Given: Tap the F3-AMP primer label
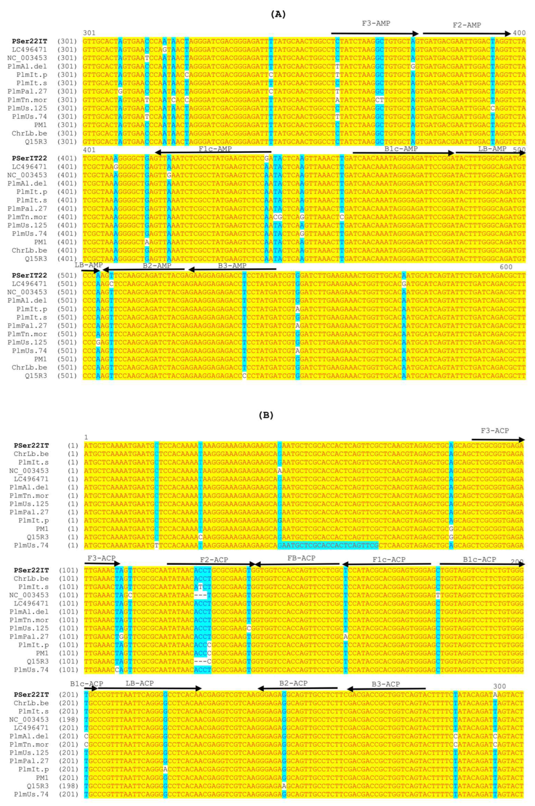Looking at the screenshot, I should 376,24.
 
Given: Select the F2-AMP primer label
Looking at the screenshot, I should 467,25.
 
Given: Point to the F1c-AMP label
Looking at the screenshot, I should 215,149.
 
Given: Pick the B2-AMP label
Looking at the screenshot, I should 157,266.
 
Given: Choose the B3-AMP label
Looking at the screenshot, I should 232,266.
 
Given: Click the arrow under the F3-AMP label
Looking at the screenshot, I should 375,33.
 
